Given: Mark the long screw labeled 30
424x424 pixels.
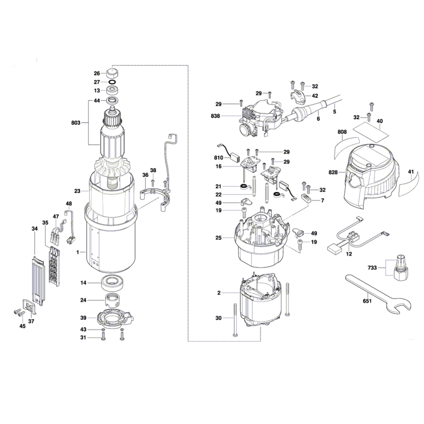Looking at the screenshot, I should click(234, 320).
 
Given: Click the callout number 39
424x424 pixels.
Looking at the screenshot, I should click(84, 318).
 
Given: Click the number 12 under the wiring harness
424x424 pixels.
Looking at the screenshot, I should click(349, 254).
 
